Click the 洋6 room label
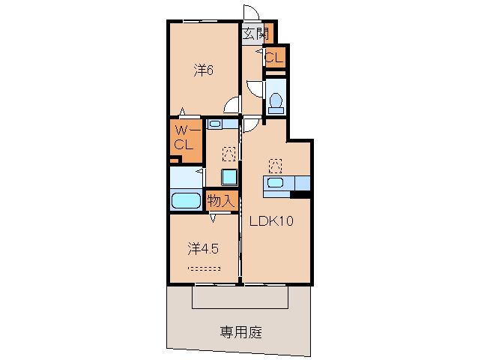click(x=205, y=71)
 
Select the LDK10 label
click(x=270, y=221)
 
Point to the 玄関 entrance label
click(x=255, y=32)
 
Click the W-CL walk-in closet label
click(x=184, y=137)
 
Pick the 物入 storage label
click(x=222, y=200)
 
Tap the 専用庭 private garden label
click(x=240, y=331)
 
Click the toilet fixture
click(x=276, y=100)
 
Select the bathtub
click(x=186, y=200)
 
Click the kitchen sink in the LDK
click(x=276, y=182)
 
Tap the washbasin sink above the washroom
click(x=215, y=124)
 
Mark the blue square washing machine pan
click(x=229, y=177)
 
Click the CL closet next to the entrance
click(x=274, y=57)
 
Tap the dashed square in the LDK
click(x=275, y=164)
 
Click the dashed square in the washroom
click(x=229, y=154)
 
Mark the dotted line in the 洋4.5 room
click(x=204, y=268)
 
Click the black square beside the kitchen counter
click(x=301, y=196)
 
